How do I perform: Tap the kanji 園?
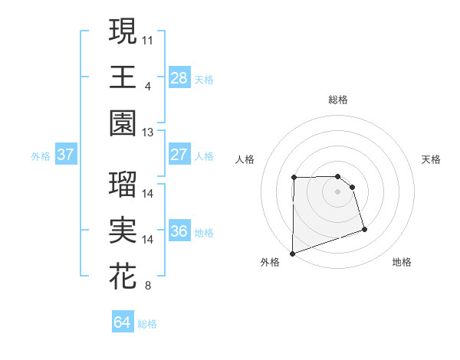(123, 123)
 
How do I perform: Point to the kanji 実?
(123, 231)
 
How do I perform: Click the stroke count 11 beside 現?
(148, 38)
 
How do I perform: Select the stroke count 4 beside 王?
(147, 85)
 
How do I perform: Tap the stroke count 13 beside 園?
(148, 132)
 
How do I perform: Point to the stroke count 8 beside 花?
(147, 286)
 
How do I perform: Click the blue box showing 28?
(179, 78)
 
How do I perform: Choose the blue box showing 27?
(179, 155)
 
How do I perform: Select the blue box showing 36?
(179, 232)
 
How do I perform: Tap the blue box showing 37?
(65, 155)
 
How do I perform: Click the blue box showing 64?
(123, 322)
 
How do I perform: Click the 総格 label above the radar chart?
(338, 100)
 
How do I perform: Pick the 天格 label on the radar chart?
(432, 159)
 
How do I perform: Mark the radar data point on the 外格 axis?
(293, 253)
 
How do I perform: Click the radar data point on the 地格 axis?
(364, 229)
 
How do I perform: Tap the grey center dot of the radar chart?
(338, 191)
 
